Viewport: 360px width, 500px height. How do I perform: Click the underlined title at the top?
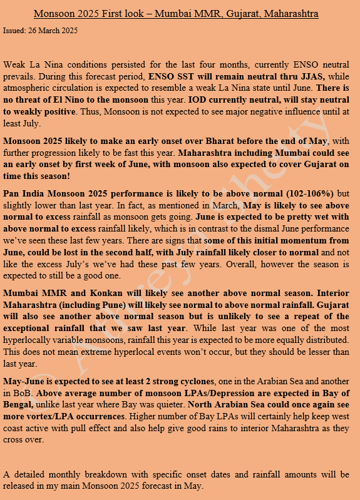176,13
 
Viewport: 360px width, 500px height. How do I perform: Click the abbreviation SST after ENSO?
182,75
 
